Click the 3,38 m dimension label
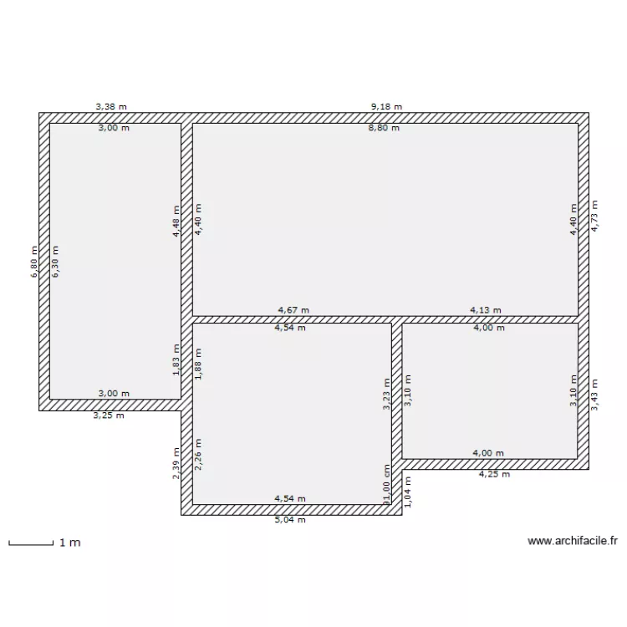pyautogui.click(x=111, y=107)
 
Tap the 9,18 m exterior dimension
pyautogui.click(x=386, y=107)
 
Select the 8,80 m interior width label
pyautogui.click(x=384, y=128)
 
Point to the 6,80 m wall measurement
pyautogui.click(x=34, y=262)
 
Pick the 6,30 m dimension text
pyautogui.click(x=55, y=262)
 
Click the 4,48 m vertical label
pyautogui.click(x=176, y=222)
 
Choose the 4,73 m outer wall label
pyautogui.click(x=594, y=217)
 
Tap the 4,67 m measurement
pyautogui.click(x=293, y=310)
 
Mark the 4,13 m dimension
pyautogui.click(x=486, y=310)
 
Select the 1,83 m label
pyautogui.click(x=176, y=359)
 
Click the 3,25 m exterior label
pyautogui.click(x=109, y=415)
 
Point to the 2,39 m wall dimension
pyautogui.click(x=176, y=463)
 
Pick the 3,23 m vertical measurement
pyautogui.click(x=386, y=395)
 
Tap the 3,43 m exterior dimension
pyautogui.click(x=594, y=395)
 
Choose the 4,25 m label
pyautogui.click(x=495, y=474)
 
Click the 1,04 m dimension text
pyautogui.click(x=407, y=492)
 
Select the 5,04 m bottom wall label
pyautogui.click(x=290, y=520)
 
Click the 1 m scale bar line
pyautogui.click(x=31, y=544)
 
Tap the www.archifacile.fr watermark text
pyautogui.click(x=573, y=541)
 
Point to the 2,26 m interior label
pyautogui.click(x=197, y=455)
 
